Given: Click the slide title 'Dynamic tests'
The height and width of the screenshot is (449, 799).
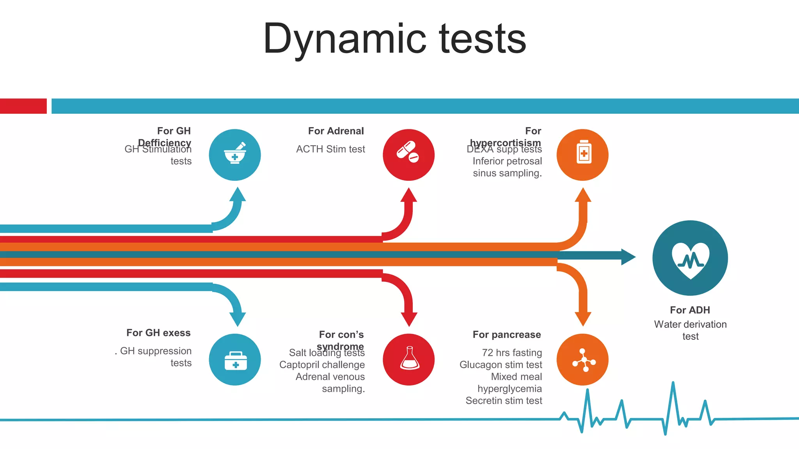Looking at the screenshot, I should click(x=395, y=39).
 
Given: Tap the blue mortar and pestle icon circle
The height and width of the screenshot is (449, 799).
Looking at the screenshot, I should click(x=235, y=155).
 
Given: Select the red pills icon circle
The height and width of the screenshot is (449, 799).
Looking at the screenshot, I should click(x=408, y=155).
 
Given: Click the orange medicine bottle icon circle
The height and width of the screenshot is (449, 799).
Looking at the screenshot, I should click(x=582, y=155).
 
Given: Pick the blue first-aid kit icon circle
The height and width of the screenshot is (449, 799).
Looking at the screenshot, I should click(x=235, y=359).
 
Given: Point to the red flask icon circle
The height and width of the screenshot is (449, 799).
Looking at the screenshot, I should click(x=408, y=359).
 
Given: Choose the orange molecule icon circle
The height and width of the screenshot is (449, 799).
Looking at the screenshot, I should click(x=582, y=359).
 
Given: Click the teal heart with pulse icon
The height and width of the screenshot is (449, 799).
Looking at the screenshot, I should click(x=690, y=258).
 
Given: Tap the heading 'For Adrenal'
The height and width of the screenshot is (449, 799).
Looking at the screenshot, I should click(x=336, y=131).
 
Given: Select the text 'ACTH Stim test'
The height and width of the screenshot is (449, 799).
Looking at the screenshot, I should click(x=330, y=149).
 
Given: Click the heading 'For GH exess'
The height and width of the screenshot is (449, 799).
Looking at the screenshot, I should click(x=158, y=332).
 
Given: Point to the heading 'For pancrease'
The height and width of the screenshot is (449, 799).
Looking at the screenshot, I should click(x=507, y=334).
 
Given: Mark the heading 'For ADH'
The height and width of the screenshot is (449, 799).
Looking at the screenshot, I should click(x=690, y=310).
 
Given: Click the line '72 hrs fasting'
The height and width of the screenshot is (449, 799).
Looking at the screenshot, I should click(x=512, y=352).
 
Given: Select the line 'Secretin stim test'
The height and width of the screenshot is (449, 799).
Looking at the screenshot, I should click(x=504, y=401).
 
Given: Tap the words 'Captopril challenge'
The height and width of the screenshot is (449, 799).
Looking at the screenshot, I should click(x=322, y=364).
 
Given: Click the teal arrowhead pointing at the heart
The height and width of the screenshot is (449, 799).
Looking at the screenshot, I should click(x=628, y=257).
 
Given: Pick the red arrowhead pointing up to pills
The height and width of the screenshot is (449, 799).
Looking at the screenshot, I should click(x=409, y=195).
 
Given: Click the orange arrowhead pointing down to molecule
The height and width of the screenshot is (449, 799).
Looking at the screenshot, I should click(x=583, y=319).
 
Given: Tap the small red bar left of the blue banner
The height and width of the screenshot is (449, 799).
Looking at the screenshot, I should click(x=23, y=106).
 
